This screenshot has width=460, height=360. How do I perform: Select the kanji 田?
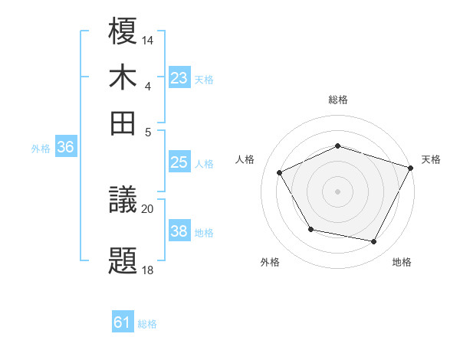[123, 121]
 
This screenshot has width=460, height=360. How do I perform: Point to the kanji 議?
[123, 200]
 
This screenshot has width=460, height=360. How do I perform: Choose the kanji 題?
[123, 260]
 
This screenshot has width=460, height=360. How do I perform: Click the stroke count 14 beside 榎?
[148, 39]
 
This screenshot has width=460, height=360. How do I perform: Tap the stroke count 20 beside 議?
[148, 208]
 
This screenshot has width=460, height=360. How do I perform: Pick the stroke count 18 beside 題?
[148, 269]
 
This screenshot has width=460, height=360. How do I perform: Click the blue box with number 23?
[179, 77]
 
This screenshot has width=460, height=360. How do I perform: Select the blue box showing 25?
[179, 162]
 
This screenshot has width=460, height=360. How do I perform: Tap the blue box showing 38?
[179, 231]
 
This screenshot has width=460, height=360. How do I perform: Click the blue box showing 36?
[65, 148]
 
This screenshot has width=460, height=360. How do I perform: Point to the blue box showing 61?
[123, 322]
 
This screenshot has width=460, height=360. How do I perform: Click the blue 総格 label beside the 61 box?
[147, 324]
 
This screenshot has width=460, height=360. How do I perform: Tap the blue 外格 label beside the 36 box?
[41, 149]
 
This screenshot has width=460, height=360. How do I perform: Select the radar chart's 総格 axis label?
[338, 100]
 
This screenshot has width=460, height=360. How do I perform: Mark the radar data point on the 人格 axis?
[279, 173]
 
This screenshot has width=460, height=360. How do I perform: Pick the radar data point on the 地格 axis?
[374, 242]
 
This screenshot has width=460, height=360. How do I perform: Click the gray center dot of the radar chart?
[338, 191]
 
